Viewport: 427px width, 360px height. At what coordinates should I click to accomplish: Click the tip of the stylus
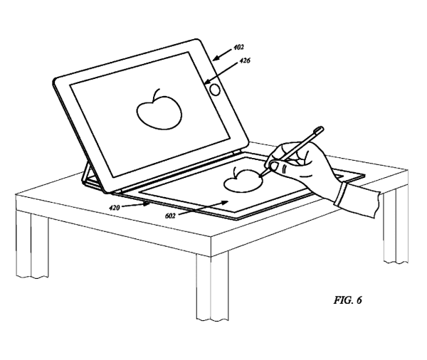click(x=262, y=176)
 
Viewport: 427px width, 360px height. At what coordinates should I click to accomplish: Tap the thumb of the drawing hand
click(x=280, y=169)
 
